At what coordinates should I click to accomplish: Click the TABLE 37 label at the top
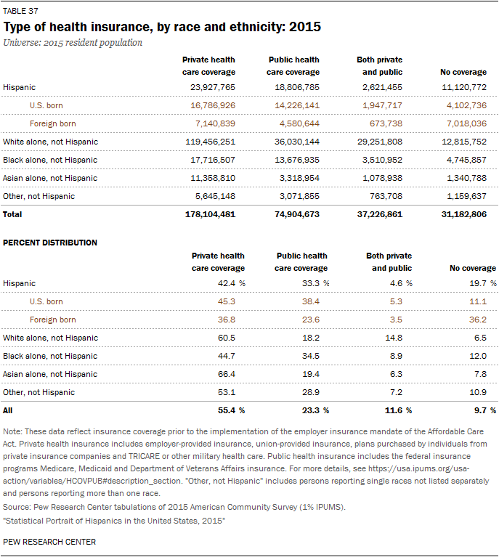click(20, 11)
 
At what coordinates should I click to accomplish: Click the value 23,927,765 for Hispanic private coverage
click(213, 87)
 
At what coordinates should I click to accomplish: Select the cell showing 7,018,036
click(466, 123)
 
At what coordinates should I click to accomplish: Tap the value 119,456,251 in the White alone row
click(210, 142)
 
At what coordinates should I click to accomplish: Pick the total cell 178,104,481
click(210, 214)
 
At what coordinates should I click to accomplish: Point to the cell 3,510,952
click(382, 160)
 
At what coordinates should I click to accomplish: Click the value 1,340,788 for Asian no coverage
click(466, 178)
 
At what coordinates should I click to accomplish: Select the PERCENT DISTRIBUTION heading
click(50, 243)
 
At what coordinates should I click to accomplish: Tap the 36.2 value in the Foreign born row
click(478, 320)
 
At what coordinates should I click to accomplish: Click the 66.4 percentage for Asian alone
click(227, 374)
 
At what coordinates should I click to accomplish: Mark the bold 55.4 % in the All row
click(232, 410)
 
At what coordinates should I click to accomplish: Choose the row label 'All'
click(7, 410)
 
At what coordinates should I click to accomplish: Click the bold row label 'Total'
click(12, 214)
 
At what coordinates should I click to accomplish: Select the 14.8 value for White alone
click(394, 338)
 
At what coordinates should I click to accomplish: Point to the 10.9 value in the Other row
click(478, 392)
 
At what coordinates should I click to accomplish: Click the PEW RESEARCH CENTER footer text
click(49, 542)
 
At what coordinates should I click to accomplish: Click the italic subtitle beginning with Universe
click(73, 43)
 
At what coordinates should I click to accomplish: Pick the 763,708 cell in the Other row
click(386, 196)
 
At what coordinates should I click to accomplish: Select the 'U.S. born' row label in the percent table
click(46, 301)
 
